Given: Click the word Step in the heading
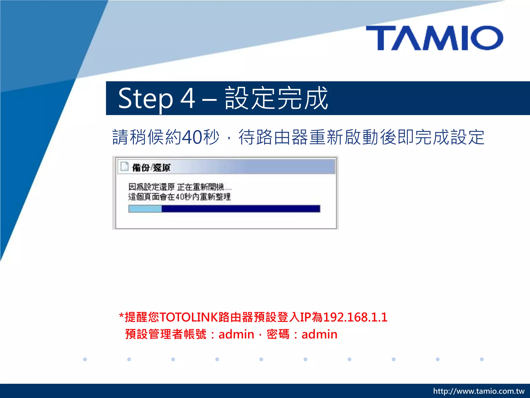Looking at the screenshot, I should click(145, 99).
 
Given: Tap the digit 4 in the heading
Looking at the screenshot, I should click(188, 98).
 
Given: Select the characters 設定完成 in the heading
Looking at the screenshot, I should click(276, 98).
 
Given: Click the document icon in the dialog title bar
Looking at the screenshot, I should click(124, 167).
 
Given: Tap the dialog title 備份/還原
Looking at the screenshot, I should click(151, 168).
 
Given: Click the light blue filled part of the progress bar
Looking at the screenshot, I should click(145, 209).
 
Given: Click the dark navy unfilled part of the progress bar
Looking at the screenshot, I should click(241, 209).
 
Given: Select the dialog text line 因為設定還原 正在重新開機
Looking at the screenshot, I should click(180, 187).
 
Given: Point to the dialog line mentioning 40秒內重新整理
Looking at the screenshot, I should click(179, 197).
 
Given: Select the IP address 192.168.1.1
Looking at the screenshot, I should click(355, 317).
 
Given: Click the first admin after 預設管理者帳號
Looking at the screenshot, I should click(236, 334).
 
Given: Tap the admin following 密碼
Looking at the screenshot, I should click(319, 334).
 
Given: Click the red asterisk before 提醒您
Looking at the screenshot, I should click(121, 316).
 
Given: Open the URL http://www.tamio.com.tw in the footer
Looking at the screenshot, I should click(479, 391).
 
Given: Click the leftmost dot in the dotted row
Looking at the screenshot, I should click(85, 359).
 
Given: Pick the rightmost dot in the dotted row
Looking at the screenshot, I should click(482, 359).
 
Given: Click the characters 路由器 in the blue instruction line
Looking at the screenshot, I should click(282, 137).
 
